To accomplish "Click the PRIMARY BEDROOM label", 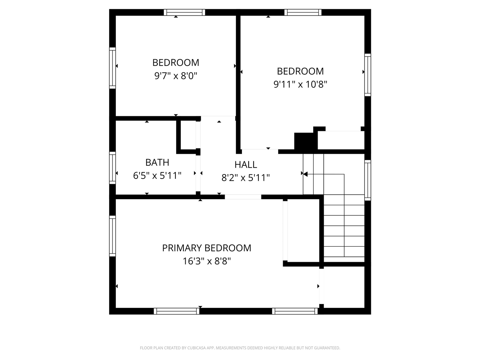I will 207,248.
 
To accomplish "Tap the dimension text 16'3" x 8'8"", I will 207,261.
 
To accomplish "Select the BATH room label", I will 157,162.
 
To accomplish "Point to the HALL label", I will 246,165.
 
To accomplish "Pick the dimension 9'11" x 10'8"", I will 300,84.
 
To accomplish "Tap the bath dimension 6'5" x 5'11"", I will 157,175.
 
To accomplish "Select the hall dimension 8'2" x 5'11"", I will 246,178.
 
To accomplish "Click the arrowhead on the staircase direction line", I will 305,174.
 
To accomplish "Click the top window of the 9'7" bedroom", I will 184,12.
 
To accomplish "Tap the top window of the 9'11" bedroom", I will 303,12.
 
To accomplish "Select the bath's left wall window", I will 112,168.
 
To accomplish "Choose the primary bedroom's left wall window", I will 112,236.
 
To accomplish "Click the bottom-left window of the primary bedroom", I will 177,311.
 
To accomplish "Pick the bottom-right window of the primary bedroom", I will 295,311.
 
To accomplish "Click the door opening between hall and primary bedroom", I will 243,197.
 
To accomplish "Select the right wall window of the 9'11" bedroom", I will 368,75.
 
